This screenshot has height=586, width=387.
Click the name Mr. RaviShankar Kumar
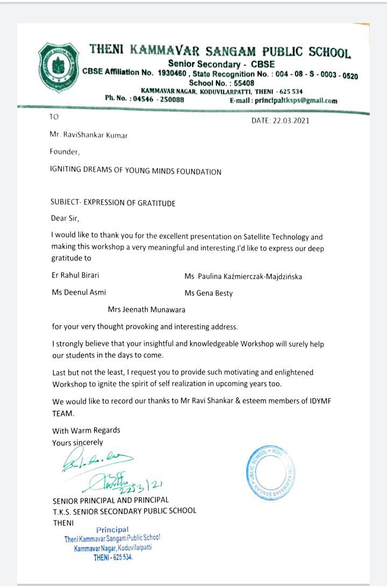pos(89,135)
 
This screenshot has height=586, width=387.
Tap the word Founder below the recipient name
pos(64,152)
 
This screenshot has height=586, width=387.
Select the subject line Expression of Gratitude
pos(112,203)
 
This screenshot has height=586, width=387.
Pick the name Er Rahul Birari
pos(75,275)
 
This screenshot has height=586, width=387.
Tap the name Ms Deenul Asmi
pos(78,292)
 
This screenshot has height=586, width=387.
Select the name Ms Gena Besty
pos(209,293)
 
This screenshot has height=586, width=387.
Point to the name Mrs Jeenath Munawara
pos(147,309)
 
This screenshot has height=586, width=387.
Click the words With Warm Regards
pos(86,430)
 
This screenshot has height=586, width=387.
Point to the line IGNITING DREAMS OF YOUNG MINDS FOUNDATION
pos(135,172)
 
